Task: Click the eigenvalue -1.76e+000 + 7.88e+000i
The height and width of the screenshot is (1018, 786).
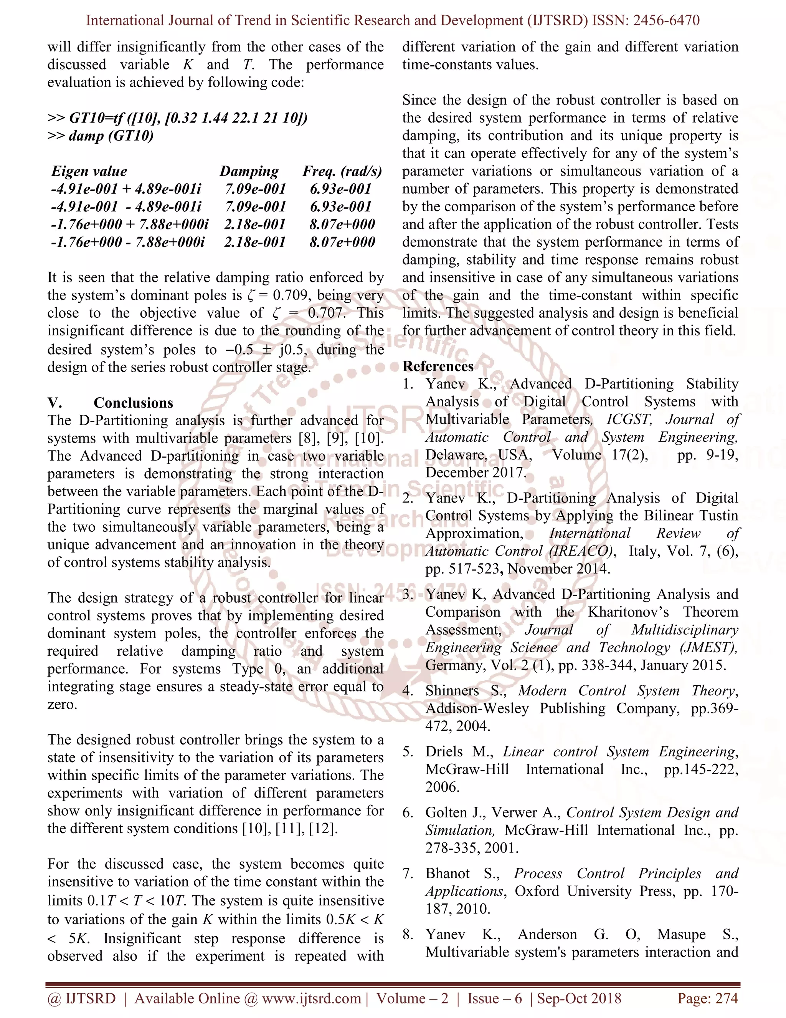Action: [129, 224]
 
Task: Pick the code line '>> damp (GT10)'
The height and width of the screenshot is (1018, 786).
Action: [101, 136]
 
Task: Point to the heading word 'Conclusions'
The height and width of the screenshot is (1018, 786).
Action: [133, 403]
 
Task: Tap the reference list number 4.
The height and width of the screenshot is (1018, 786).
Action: [408, 691]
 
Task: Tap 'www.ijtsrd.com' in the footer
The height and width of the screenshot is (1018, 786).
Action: [312, 998]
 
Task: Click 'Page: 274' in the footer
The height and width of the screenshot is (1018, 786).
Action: [707, 998]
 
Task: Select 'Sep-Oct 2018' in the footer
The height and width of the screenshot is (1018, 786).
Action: [579, 998]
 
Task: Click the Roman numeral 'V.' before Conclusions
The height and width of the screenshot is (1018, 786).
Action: [54, 403]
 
